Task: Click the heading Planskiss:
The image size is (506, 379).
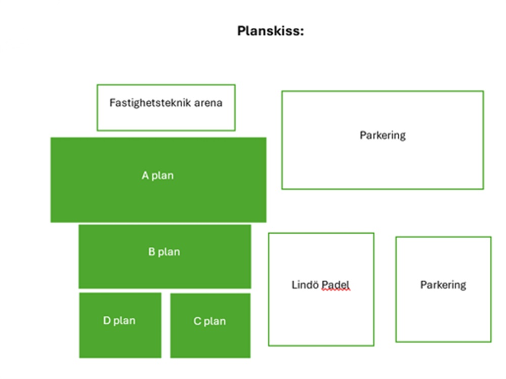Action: click(270, 31)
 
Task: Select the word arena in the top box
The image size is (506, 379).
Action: click(208, 103)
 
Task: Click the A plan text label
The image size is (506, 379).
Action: click(157, 175)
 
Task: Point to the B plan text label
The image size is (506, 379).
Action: click(164, 251)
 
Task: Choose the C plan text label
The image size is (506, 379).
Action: click(210, 321)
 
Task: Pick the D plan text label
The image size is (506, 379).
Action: click(119, 321)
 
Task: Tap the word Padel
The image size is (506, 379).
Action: click(335, 285)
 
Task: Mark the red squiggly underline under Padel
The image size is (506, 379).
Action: click(335, 290)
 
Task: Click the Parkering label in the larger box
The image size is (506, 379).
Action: click(383, 135)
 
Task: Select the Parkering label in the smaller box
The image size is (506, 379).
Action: click(443, 285)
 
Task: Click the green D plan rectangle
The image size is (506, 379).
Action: click(120, 325)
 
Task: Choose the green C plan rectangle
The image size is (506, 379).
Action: click(210, 326)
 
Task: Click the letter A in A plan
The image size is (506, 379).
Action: click(145, 175)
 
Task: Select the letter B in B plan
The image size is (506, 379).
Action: click(151, 251)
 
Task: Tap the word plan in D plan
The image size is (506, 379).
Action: click(124, 321)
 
